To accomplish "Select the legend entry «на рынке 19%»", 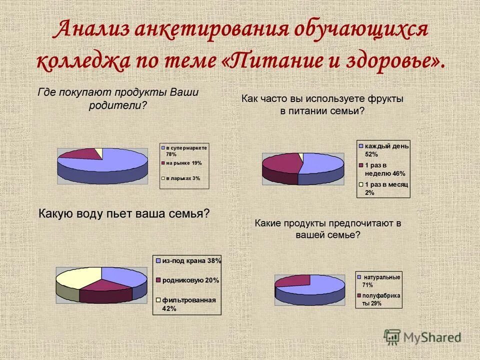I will click(183, 163).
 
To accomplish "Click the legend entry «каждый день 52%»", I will click(383, 150).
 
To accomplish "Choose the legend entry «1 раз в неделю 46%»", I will click(384, 169).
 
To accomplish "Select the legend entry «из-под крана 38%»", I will click(187, 261).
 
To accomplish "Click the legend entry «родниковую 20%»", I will click(187, 280).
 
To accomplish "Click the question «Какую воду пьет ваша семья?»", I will click(124, 214).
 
